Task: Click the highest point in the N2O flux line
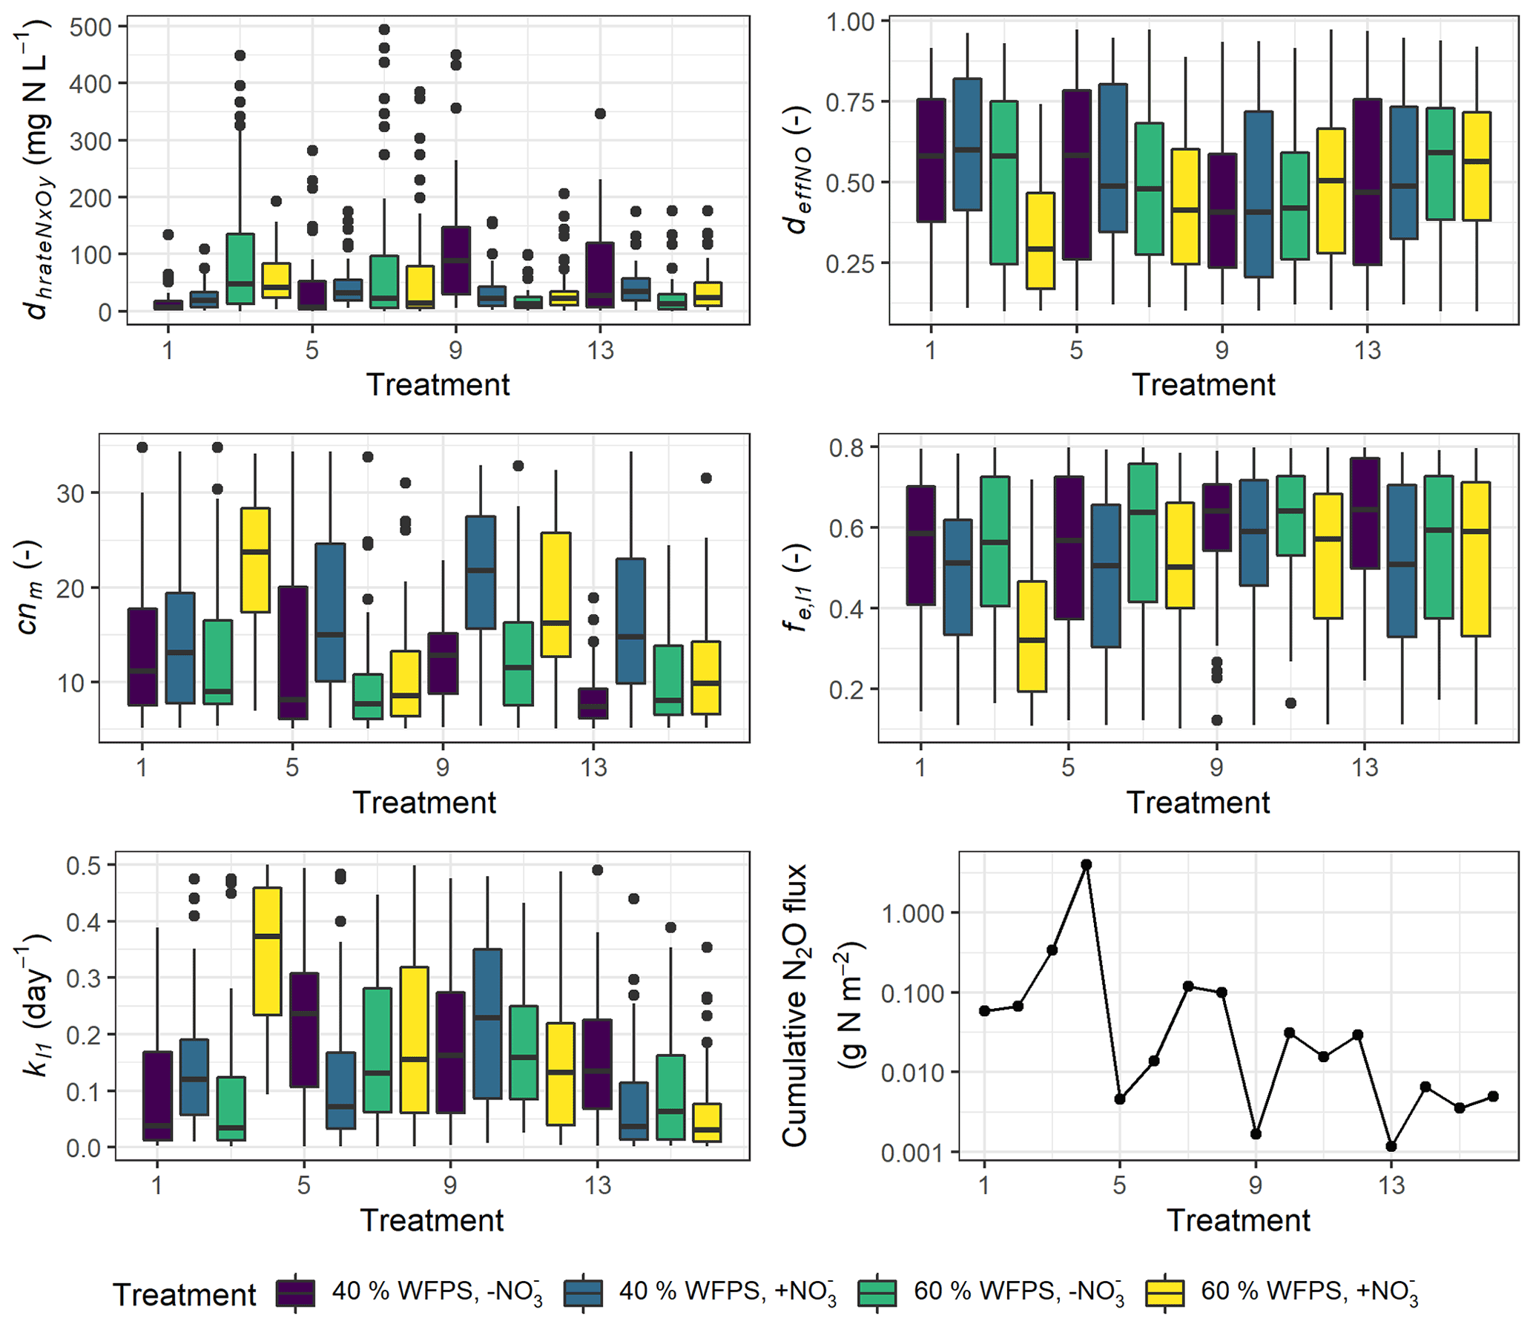coord(1086,865)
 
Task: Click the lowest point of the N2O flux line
coord(1391,1147)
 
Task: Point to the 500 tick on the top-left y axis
coord(90,27)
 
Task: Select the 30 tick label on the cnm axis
coord(70,493)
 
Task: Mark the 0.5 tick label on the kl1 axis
coord(83,866)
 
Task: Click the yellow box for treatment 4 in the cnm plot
coord(255,560)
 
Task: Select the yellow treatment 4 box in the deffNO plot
coord(1040,241)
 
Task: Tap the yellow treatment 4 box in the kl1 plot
coord(267,951)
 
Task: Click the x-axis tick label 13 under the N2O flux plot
coord(1391,1185)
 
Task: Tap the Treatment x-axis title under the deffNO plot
coord(1203,385)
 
